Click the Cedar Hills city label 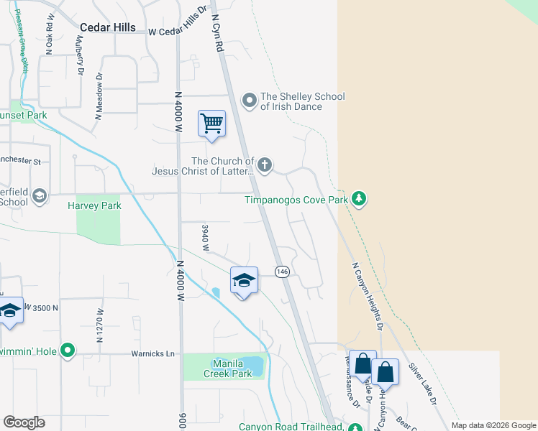point(107,27)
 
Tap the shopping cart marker point(212,123)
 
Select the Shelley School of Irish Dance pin point(250,100)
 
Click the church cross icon point(265,165)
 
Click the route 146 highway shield point(282,272)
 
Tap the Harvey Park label point(94,205)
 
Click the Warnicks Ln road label point(152,353)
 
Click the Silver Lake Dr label point(423,384)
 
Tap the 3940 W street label point(206,238)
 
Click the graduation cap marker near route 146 point(244,280)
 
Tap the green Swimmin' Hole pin point(68,351)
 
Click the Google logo point(24,422)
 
